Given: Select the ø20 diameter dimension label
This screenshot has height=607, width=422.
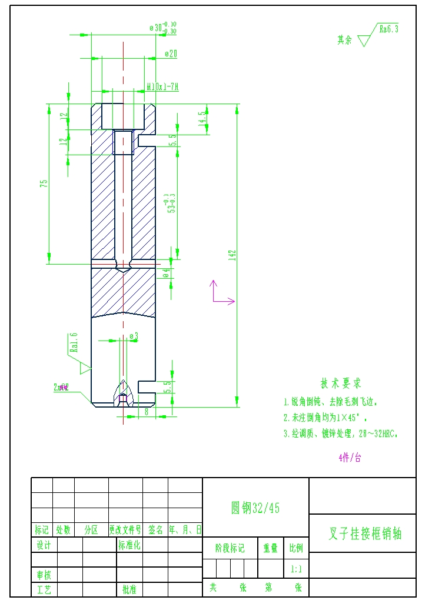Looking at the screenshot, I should [170, 54].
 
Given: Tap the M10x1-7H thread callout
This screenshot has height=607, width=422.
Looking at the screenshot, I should [162, 87].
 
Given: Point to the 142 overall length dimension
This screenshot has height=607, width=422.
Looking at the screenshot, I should [232, 255].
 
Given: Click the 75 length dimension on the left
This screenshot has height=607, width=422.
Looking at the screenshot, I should [44, 184].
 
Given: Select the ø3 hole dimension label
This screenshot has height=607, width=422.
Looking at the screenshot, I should [134, 336].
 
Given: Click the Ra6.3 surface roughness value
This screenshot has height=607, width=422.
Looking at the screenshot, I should [388, 28].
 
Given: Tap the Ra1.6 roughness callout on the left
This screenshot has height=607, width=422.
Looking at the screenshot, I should [74, 342].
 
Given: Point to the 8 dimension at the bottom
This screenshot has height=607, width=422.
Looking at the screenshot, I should [146, 412].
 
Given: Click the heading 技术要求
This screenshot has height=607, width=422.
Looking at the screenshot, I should [341, 383].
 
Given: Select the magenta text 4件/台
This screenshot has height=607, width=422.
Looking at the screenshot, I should [350, 458].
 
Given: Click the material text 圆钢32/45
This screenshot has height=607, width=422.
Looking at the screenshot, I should [255, 508].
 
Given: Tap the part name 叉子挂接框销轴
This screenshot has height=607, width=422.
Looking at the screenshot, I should [365, 534].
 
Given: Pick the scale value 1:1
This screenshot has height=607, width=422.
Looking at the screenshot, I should [296, 569].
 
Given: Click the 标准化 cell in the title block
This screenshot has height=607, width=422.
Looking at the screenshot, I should [129, 545].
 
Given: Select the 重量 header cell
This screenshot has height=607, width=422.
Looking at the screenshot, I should [270, 548].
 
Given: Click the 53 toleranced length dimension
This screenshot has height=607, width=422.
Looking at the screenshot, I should [171, 203].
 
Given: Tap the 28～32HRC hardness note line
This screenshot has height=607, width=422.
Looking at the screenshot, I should [341, 434].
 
